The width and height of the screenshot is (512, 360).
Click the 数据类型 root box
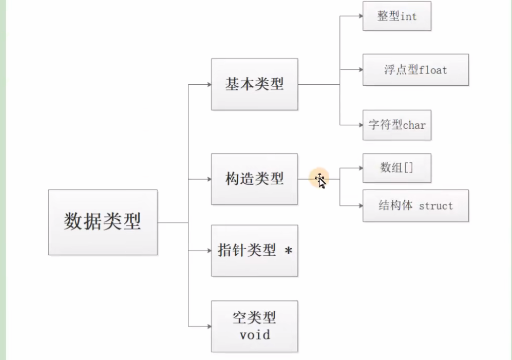pyautogui.click(x=103, y=222)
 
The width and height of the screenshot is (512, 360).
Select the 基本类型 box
pyautogui.click(x=254, y=84)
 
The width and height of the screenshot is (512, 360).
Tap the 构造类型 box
pyautogui.click(x=254, y=179)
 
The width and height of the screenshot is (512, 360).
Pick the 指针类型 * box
pyautogui.click(x=254, y=251)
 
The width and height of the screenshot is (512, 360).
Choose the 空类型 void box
pyautogui.click(x=254, y=326)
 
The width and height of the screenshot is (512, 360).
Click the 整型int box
pyautogui.click(x=396, y=16)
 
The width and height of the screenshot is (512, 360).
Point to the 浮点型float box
pyautogui.click(x=415, y=70)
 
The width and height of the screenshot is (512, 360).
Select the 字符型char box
pyautogui.click(x=396, y=125)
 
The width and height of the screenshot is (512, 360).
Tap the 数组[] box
pyautogui.click(x=396, y=167)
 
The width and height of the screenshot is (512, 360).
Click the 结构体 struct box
pyautogui.click(x=415, y=206)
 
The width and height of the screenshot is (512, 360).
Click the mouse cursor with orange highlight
pyautogui.click(x=320, y=180)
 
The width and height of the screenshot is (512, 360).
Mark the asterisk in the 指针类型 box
pyautogui.click(x=288, y=252)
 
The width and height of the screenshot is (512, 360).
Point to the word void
pyautogui.click(x=254, y=335)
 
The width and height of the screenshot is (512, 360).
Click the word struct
pyautogui.click(x=436, y=206)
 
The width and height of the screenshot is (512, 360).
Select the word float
pyautogui.click(x=433, y=70)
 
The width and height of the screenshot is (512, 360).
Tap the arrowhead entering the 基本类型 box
pyautogui.click(x=208, y=84)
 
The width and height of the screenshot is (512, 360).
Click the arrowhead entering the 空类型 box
pyautogui.click(x=208, y=326)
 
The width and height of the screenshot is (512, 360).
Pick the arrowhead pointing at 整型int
pyautogui.click(x=360, y=16)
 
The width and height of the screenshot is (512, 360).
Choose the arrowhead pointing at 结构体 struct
pyautogui.click(x=360, y=206)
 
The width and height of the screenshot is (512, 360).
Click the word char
pyautogui.click(x=414, y=125)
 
